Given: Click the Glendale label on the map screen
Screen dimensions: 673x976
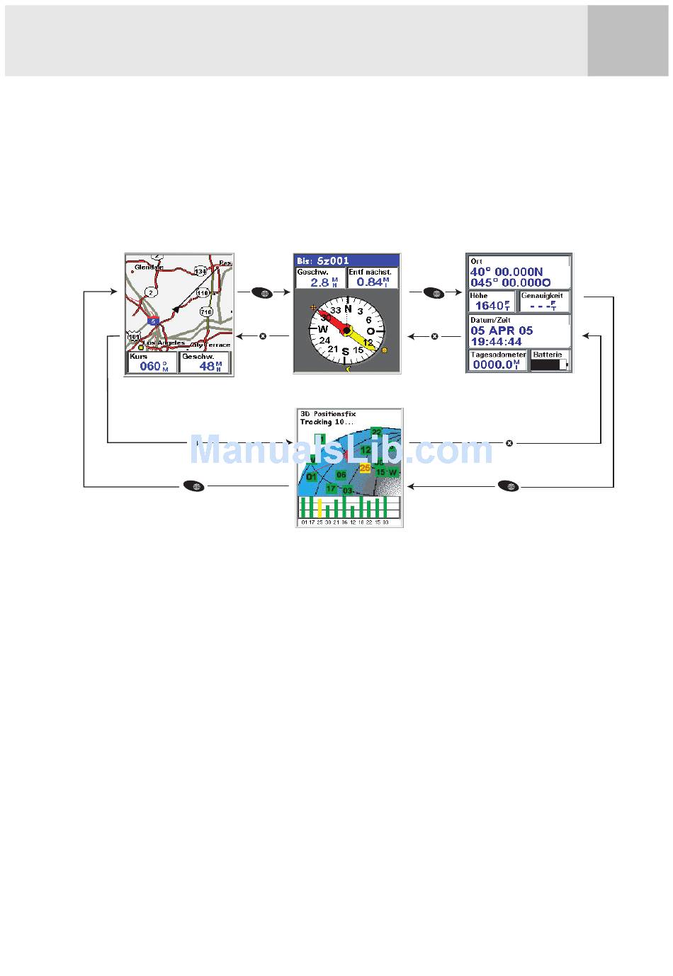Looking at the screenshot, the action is coord(149,267).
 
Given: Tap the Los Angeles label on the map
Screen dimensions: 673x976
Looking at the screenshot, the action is coord(166,343).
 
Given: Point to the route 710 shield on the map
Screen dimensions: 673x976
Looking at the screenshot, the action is coord(205,311).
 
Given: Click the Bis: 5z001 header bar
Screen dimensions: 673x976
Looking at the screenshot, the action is coord(347,260).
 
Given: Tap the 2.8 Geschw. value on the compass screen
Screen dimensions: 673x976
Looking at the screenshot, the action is coord(319,282).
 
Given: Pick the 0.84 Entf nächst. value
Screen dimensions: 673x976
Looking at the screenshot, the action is coord(371,282).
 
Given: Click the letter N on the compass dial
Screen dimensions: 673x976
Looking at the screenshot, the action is coord(348,309).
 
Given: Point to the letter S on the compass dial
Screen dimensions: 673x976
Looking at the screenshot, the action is coord(346,352).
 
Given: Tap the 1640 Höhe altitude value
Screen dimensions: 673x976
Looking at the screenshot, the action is coord(490,306).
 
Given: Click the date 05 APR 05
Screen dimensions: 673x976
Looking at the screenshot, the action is coord(502,331).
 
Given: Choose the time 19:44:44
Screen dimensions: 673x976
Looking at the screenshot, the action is coord(496,342).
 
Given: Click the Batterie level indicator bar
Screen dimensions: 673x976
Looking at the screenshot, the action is coord(549,364).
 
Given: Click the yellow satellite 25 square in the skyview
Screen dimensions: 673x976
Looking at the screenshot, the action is coord(365,467).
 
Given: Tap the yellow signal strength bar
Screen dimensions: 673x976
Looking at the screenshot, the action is coord(320,507).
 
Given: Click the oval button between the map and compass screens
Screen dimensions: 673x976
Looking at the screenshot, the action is coord(261,292).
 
